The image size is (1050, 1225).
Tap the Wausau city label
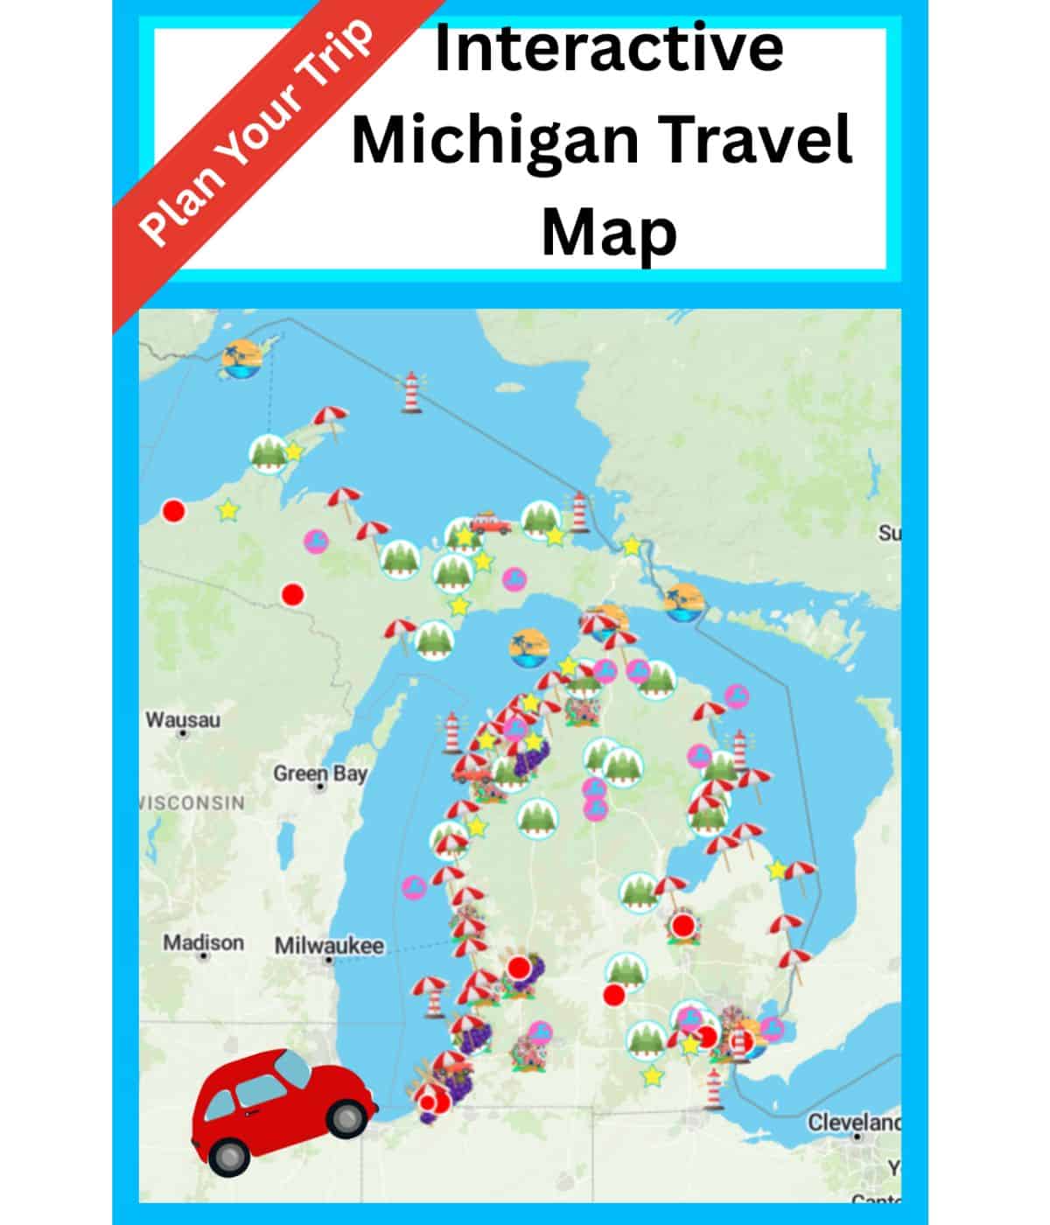tap(183, 720)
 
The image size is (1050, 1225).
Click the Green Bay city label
tap(320, 773)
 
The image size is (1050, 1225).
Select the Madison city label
tap(203, 942)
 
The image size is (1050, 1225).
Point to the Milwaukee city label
tap(329, 946)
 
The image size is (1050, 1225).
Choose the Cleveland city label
tap(854, 1122)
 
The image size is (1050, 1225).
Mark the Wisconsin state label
tap(192, 802)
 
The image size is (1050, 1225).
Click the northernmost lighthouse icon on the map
tap(410, 391)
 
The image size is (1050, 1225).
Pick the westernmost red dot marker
tap(174, 511)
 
